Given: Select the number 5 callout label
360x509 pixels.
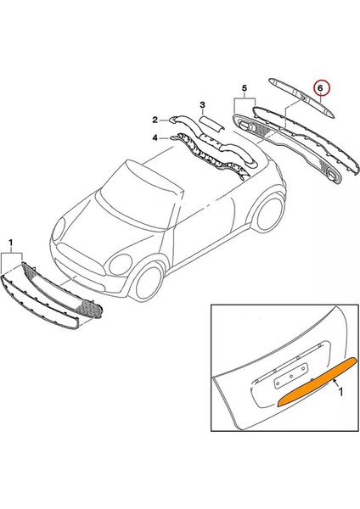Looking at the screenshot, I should click(243, 89).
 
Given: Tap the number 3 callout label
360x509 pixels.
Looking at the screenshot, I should click(202, 105).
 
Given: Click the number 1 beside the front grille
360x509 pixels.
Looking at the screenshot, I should click(10, 243).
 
